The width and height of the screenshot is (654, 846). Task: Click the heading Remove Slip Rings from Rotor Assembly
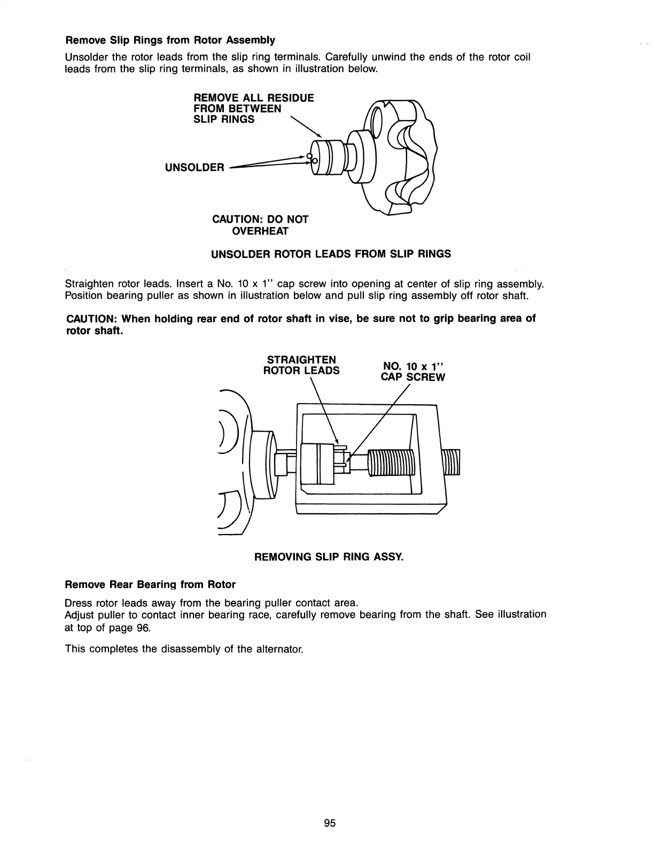[170, 40]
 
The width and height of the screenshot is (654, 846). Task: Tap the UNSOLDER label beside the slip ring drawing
[195, 167]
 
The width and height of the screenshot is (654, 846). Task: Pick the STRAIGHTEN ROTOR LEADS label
[301, 365]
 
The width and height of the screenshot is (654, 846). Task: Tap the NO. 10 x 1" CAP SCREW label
[412, 371]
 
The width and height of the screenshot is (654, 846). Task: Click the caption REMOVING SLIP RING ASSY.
[329, 557]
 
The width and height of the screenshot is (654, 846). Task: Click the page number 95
[329, 823]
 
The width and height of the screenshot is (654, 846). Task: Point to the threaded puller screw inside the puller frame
[391, 462]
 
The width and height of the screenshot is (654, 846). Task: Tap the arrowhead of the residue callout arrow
[320, 135]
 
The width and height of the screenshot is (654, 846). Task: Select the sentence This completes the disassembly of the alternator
[184, 649]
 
